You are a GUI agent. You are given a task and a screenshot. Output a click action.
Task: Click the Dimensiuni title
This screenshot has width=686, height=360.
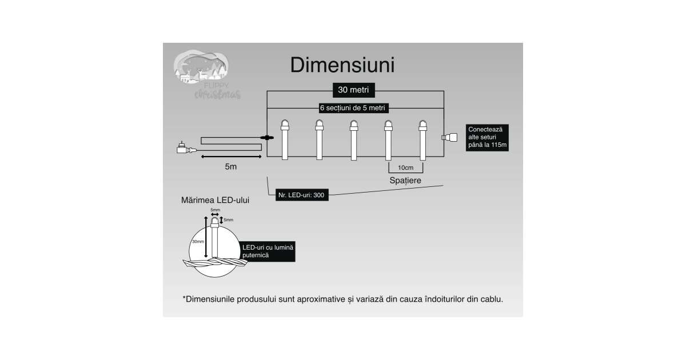pos(342,65)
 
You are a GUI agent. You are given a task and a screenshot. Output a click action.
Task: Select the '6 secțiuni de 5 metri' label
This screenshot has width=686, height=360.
pos(353,108)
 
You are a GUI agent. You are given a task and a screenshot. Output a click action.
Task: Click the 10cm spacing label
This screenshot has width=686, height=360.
pos(405,167)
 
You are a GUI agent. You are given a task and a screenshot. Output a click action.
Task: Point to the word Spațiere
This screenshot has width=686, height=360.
pos(405,180)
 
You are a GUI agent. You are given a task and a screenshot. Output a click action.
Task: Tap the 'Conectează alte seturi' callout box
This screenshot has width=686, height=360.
pos(488,137)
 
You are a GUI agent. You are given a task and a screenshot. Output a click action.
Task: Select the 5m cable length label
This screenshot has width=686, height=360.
pos(230,167)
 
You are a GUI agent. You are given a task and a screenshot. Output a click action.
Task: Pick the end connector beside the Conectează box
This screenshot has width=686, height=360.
pos(450,137)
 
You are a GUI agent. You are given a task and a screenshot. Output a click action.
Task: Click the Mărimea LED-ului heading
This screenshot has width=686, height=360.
pos(214,201)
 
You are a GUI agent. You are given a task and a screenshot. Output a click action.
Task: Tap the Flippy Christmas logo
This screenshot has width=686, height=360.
pos(206,75)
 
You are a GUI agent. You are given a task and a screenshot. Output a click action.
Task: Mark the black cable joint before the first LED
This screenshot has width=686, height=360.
pos(268,137)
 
